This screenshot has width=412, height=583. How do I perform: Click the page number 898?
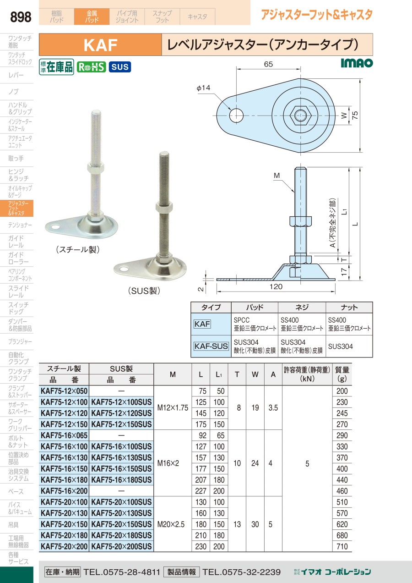pos(21,16)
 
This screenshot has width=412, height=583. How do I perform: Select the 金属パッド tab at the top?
pos(92,16)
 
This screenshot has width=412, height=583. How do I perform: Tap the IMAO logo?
pos(357,63)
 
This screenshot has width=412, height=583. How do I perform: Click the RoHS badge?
pos(91,67)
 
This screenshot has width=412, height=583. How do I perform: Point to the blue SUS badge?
pos(120,67)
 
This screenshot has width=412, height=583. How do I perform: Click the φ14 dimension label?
pos(203,88)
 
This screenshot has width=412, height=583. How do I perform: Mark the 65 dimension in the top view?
pos(268,64)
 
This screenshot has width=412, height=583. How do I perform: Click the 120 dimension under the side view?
pos(276,286)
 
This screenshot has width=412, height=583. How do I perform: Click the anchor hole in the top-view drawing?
pos(236,115)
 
